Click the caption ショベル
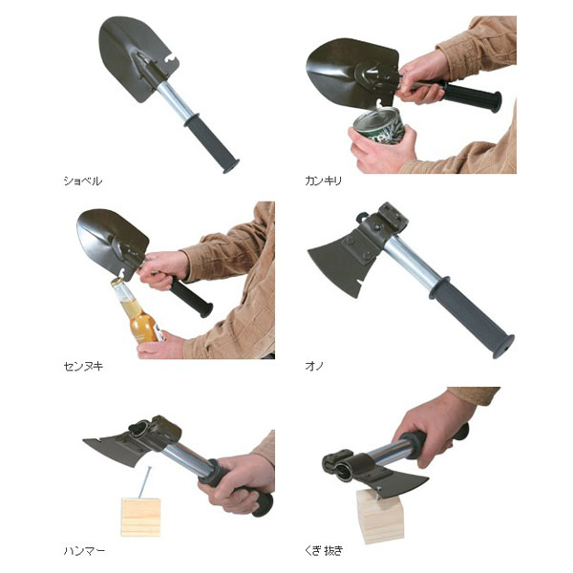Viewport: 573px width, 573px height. coord(82,180)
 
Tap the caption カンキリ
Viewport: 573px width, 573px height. coord(324,180)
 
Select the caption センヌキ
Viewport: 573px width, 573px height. coord(83,366)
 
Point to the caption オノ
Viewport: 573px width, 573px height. coord(314,366)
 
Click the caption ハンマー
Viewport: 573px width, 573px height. coord(84,551)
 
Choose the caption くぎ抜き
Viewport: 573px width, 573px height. coord(324,551)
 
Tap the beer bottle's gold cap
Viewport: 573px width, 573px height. coord(117,281)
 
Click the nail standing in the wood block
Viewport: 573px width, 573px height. coord(144,482)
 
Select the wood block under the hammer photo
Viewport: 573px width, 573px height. coord(140,517)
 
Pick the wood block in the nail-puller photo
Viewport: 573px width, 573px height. coord(380,516)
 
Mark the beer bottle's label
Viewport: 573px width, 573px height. coord(159,330)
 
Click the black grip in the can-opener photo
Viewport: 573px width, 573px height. coord(472,95)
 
